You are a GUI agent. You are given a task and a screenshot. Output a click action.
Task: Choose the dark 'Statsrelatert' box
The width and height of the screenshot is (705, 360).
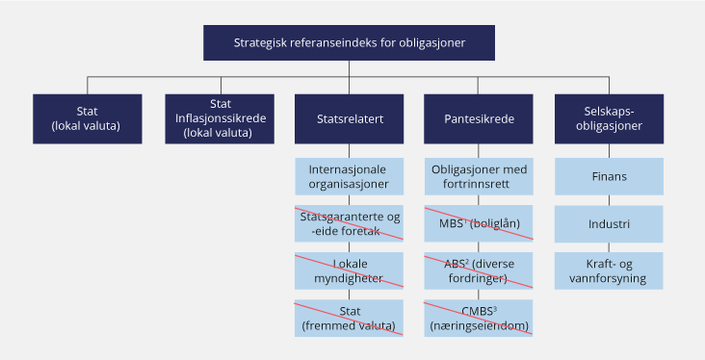point(351,118)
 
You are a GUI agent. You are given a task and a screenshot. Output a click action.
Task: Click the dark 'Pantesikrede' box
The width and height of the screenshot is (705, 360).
point(479,118)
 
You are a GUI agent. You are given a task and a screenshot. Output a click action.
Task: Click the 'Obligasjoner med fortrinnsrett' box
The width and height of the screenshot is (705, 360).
point(479,176)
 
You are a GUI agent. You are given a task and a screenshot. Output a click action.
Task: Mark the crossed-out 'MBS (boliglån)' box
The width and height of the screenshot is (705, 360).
point(479,223)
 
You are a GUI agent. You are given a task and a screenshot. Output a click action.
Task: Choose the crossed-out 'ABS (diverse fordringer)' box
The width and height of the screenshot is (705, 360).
point(479,270)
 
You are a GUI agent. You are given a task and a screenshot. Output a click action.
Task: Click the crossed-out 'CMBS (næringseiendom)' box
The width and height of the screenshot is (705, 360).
point(479,318)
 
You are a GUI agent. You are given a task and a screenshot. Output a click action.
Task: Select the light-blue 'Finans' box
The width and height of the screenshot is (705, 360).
point(610,177)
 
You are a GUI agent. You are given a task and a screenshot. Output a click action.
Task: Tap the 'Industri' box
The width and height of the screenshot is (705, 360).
point(610,224)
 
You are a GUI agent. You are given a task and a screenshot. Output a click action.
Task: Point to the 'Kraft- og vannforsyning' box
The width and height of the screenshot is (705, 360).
point(610,270)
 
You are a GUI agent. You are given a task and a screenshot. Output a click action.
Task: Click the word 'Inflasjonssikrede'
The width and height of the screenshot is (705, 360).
point(219,118)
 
